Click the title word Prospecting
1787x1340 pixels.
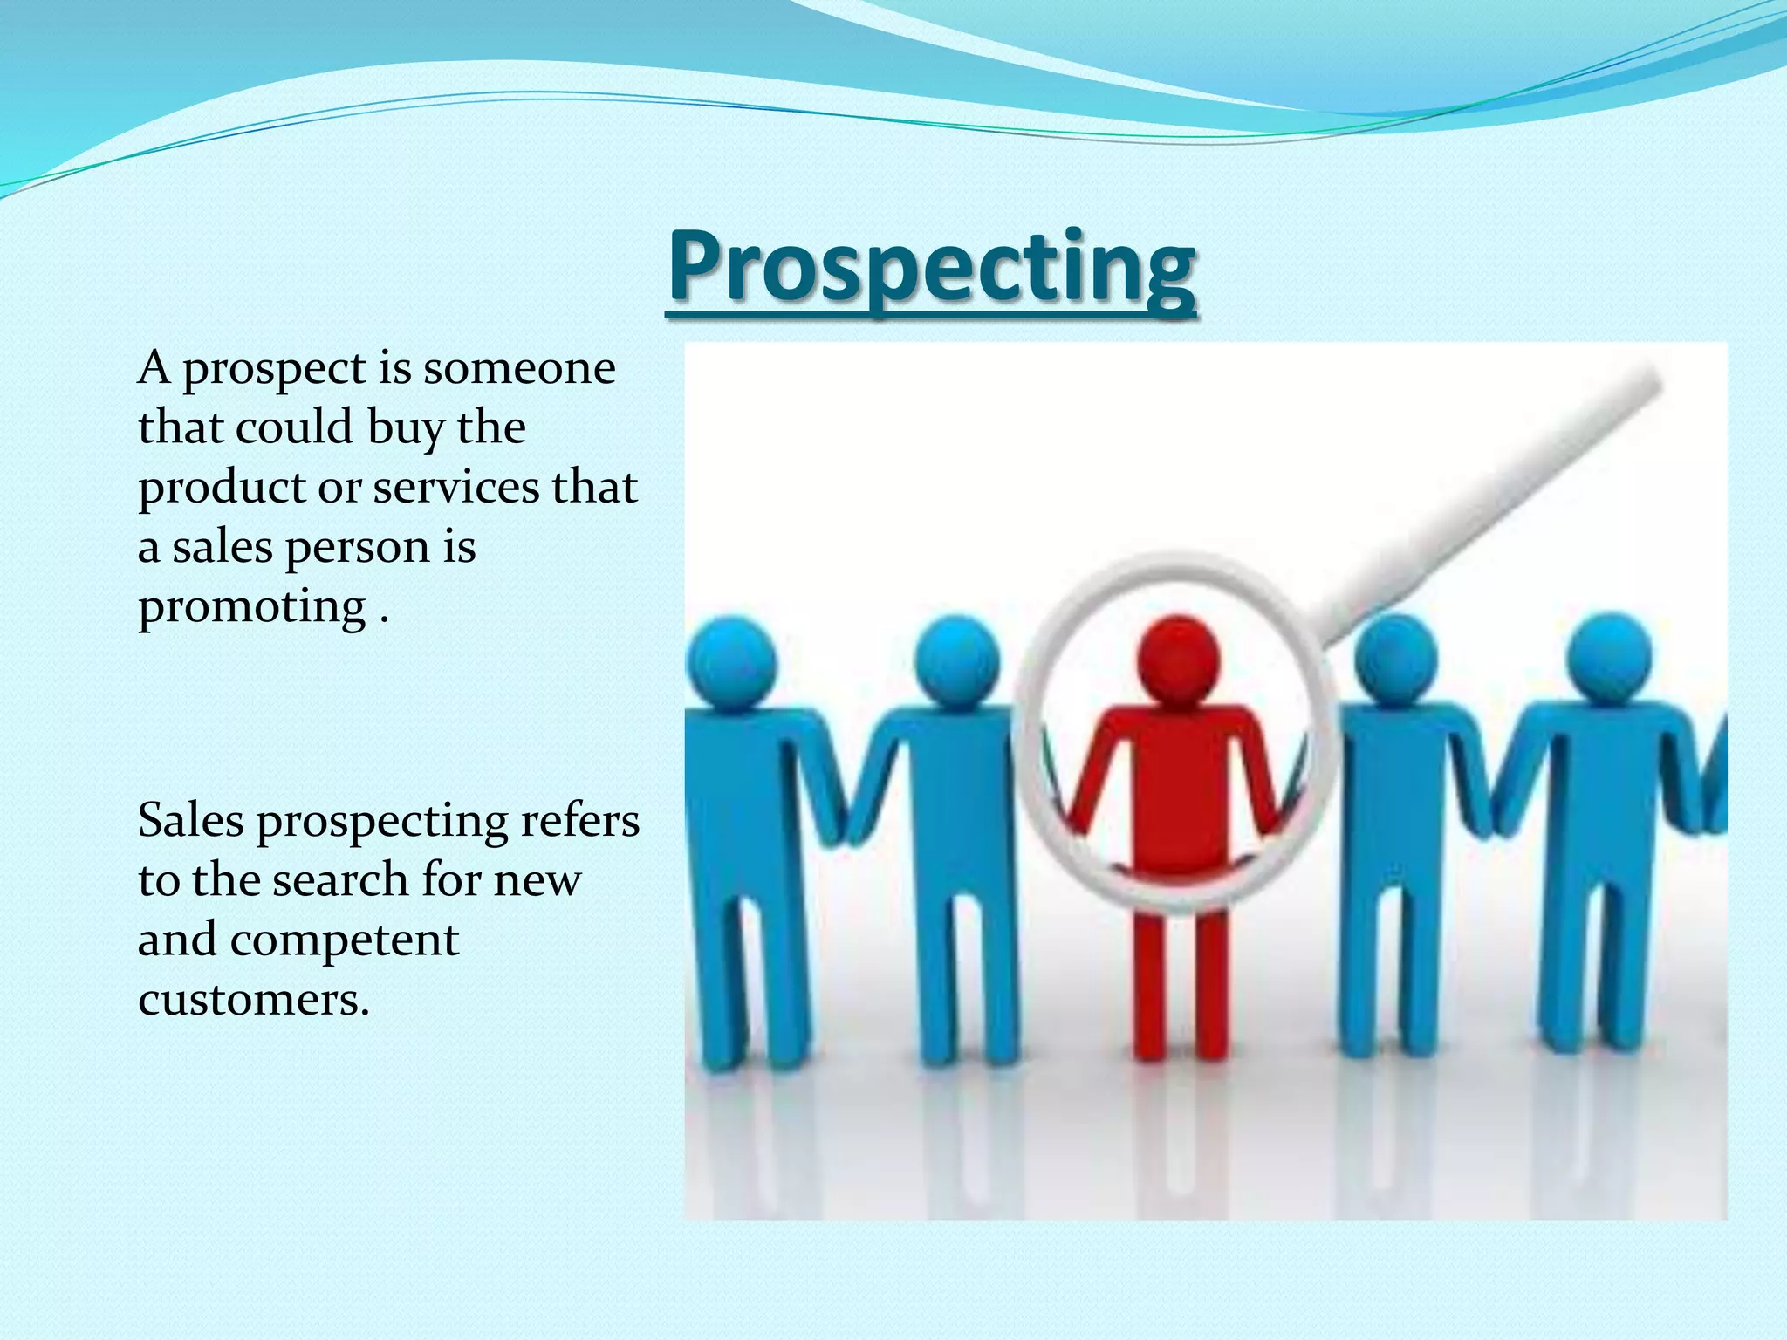[x=932, y=267]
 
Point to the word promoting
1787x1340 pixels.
[x=252, y=608]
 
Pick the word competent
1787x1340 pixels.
[x=345, y=940]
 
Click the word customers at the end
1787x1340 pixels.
[x=253, y=999]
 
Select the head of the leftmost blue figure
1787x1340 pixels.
[x=730, y=660]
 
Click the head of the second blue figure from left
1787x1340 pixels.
[x=956, y=660]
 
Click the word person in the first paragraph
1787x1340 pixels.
[x=358, y=548]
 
